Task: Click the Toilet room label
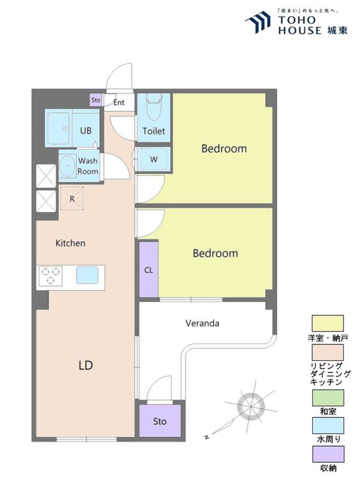coord(153,131)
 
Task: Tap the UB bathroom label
coord(86,131)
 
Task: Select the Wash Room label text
coord(88,166)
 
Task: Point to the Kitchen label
coord(70,243)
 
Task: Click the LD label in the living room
coord(86,365)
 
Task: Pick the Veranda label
coord(202,323)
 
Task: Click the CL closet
coord(148,269)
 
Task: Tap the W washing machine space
coord(153,159)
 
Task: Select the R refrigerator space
coord(72,198)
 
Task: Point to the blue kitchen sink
coord(87,275)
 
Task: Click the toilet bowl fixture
coord(154,108)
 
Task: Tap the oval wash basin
coord(67,166)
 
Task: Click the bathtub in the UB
coord(58,128)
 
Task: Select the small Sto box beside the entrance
coord(96,100)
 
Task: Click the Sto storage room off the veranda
coord(160,421)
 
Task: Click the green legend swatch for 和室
coord(327,397)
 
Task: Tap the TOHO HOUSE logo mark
coord(258,21)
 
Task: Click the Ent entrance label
coord(119,102)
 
